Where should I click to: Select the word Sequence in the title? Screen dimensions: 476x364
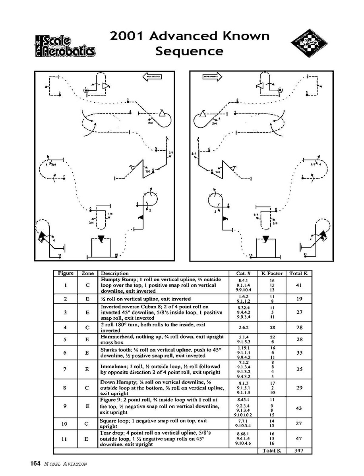point(189,51)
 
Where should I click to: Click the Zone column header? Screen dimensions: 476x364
point(87,273)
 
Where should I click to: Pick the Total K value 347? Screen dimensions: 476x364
point(300,451)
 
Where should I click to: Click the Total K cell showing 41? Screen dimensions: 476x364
point(300,285)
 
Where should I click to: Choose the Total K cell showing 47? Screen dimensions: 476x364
point(300,439)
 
